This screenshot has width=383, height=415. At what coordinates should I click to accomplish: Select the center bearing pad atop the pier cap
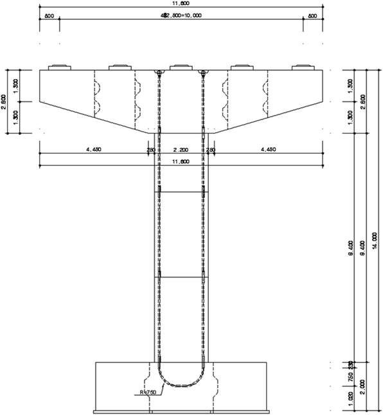181,66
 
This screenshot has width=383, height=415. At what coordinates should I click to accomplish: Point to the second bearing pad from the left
119,66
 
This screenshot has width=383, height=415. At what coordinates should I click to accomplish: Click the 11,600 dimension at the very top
180,4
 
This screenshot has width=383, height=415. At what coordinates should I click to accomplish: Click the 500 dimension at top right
312,16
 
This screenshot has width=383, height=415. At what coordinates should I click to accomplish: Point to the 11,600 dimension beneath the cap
181,162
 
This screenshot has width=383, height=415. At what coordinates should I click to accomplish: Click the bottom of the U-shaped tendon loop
181,386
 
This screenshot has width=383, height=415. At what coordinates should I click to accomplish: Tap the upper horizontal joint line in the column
181,192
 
